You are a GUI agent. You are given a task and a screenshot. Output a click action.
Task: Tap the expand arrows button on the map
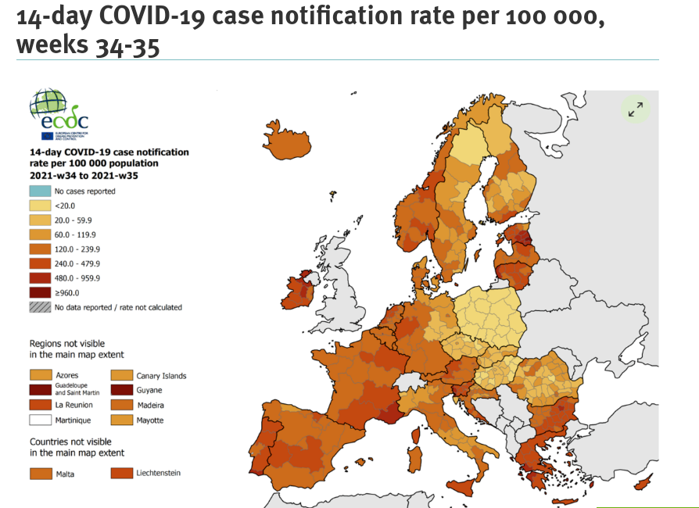(x=635, y=109)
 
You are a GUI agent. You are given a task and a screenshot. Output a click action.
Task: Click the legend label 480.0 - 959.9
(x=77, y=277)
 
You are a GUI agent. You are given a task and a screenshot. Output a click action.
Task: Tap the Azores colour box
(x=40, y=376)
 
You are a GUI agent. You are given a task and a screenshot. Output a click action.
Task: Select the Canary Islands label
(x=161, y=376)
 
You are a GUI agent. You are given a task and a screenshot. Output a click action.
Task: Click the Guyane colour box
(x=121, y=390)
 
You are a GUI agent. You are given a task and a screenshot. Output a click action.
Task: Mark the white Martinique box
(x=40, y=420)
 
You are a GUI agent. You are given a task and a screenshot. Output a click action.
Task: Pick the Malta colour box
(x=40, y=474)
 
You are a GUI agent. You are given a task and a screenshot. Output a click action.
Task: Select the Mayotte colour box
(x=121, y=420)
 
